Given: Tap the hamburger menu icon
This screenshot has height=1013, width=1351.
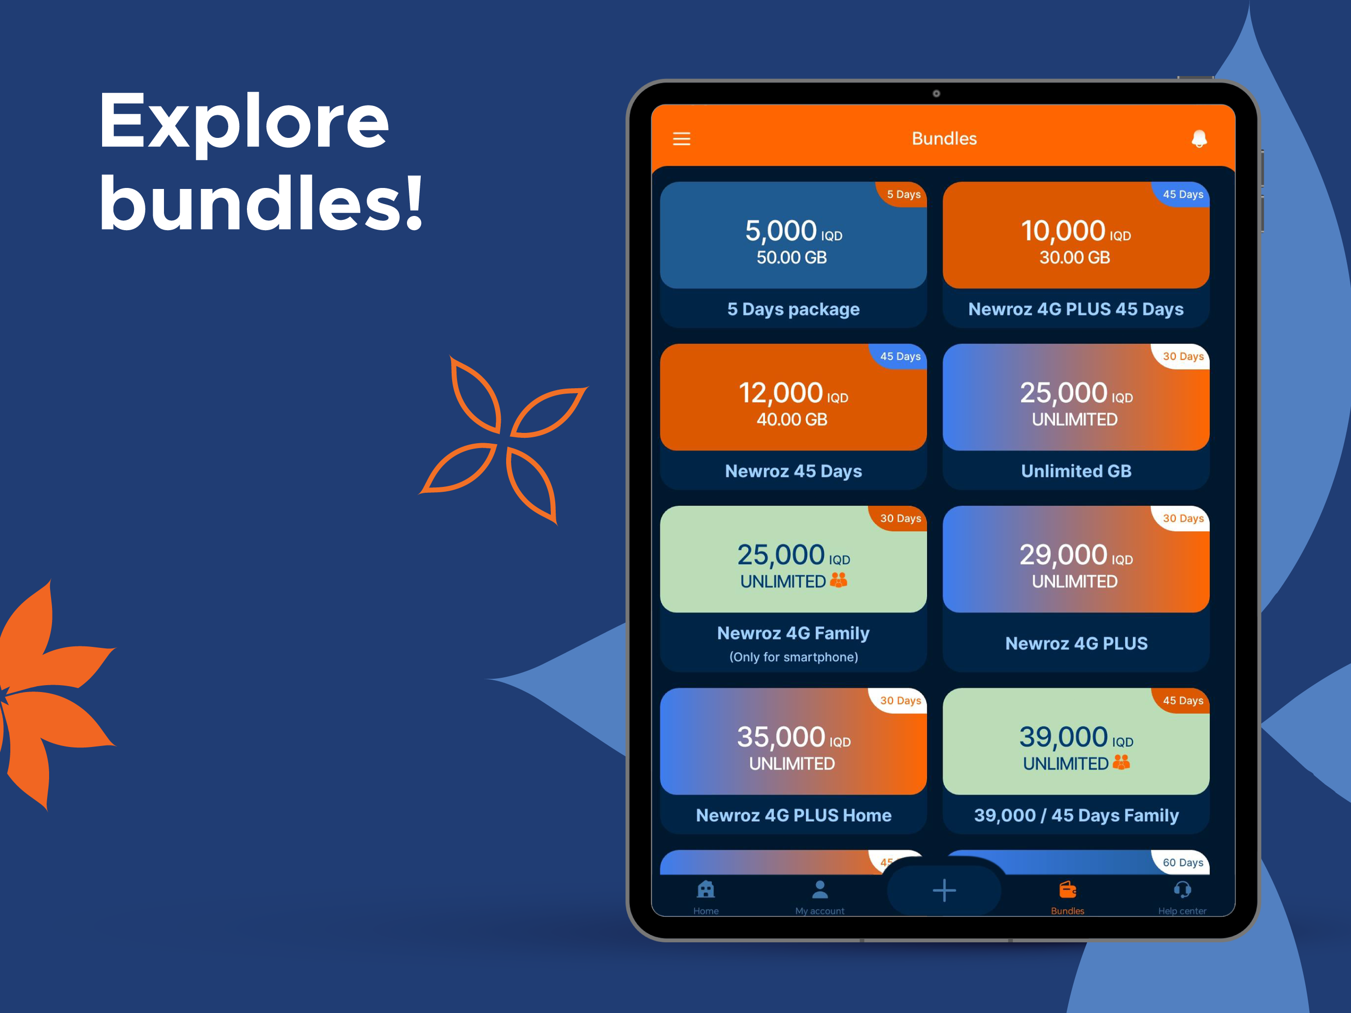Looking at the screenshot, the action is (681, 138).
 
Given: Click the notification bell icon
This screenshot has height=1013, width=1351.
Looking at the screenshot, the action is (1199, 138).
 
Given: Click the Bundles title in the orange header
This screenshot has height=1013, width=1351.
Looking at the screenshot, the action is (944, 138).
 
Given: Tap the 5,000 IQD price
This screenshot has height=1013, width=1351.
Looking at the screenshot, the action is (793, 232).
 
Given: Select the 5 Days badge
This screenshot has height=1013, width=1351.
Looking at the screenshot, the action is (903, 194).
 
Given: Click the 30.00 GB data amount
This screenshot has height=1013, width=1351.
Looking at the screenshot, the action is (1075, 258).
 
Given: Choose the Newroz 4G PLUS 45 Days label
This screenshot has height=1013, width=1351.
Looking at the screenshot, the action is (1076, 309).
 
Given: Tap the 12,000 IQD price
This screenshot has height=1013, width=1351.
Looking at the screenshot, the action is (793, 393).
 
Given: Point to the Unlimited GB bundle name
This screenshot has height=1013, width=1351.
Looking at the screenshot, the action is (1076, 471).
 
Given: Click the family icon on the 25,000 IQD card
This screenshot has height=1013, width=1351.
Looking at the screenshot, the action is (838, 580).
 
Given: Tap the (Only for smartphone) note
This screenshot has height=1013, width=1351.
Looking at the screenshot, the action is (793, 657).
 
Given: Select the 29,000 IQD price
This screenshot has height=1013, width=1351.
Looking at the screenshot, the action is (1076, 555).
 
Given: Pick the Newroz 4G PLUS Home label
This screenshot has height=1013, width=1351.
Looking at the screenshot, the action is (793, 815).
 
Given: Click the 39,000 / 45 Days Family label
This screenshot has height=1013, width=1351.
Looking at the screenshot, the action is (1076, 815).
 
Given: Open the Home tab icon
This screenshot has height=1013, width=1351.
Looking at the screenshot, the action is (706, 889).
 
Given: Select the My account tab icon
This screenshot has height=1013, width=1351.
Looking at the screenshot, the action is (820, 889).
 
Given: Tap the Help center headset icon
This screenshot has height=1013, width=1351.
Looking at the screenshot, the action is (1183, 889).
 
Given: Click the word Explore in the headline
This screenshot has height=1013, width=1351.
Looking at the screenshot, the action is (243, 123).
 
